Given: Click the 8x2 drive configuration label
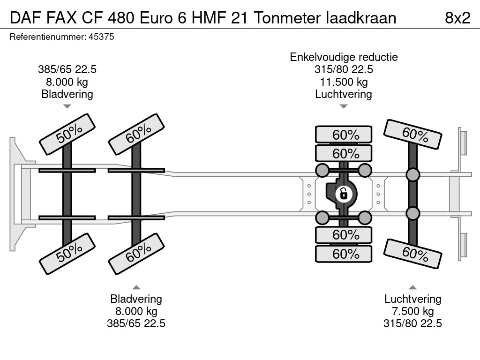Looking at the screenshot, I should (457, 18).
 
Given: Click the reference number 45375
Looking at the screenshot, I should (101, 37).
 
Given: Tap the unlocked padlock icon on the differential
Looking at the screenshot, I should (344, 193).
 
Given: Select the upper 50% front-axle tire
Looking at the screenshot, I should (67, 134).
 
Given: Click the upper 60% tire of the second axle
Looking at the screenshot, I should (136, 134).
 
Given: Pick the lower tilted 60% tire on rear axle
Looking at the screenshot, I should (413, 254).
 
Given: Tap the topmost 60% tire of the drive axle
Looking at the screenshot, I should (344, 135).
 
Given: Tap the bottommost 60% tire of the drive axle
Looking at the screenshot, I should (344, 254).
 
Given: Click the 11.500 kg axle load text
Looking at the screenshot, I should (344, 82).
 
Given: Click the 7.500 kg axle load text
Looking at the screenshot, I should (413, 311).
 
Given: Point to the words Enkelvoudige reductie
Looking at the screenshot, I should (344, 57).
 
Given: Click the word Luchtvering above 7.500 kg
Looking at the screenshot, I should (413, 299).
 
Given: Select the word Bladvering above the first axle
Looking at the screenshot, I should (67, 94).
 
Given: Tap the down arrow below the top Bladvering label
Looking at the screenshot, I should (67, 106).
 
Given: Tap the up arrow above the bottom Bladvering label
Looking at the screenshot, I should (136, 287).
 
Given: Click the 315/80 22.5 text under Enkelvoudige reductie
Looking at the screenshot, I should (344, 70).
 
